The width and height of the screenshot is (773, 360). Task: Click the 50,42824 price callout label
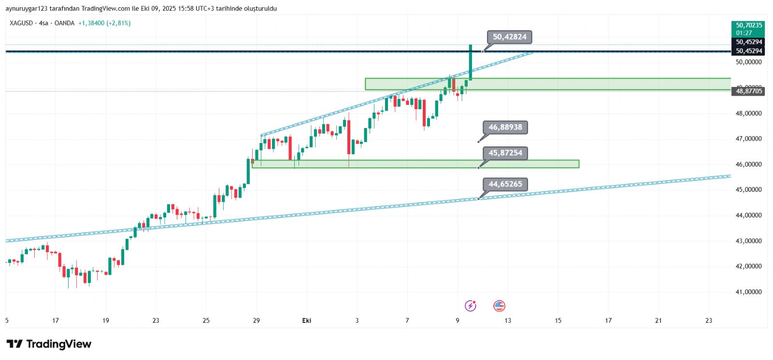pyautogui.click(x=509, y=37)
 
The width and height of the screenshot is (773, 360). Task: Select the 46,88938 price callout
pyautogui.click(x=505, y=128)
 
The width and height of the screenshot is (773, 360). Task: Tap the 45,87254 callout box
pyautogui.click(x=505, y=153)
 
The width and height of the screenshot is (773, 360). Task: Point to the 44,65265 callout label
pyautogui.click(x=505, y=184)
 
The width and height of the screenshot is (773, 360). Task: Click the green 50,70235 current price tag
pyautogui.click(x=748, y=29)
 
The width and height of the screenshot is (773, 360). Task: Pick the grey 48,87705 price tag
pyautogui.click(x=748, y=91)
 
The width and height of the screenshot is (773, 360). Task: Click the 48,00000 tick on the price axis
pyautogui.click(x=748, y=114)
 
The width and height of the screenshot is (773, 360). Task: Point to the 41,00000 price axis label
pyautogui.click(x=748, y=292)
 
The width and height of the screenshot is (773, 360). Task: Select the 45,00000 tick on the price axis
pyautogui.click(x=748, y=190)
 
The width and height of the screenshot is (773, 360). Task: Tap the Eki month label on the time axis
pyautogui.click(x=306, y=320)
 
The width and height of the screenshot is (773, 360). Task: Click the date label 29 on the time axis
pyautogui.click(x=257, y=320)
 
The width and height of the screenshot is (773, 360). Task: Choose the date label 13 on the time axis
pyautogui.click(x=508, y=320)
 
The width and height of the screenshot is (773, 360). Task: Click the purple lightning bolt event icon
pyautogui.click(x=470, y=305)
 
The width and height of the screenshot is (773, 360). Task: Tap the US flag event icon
pyautogui.click(x=499, y=305)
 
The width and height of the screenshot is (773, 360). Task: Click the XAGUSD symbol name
pyautogui.click(x=21, y=23)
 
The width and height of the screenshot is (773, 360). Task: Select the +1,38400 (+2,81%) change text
pyautogui.click(x=104, y=23)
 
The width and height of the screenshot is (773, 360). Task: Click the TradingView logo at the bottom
pyautogui.click(x=49, y=344)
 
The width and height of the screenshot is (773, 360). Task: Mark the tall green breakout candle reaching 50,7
pyautogui.click(x=470, y=62)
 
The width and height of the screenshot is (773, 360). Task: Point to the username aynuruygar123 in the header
pyautogui.click(x=25, y=9)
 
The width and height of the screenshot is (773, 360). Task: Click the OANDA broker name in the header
pyautogui.click(x=64, y=23)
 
